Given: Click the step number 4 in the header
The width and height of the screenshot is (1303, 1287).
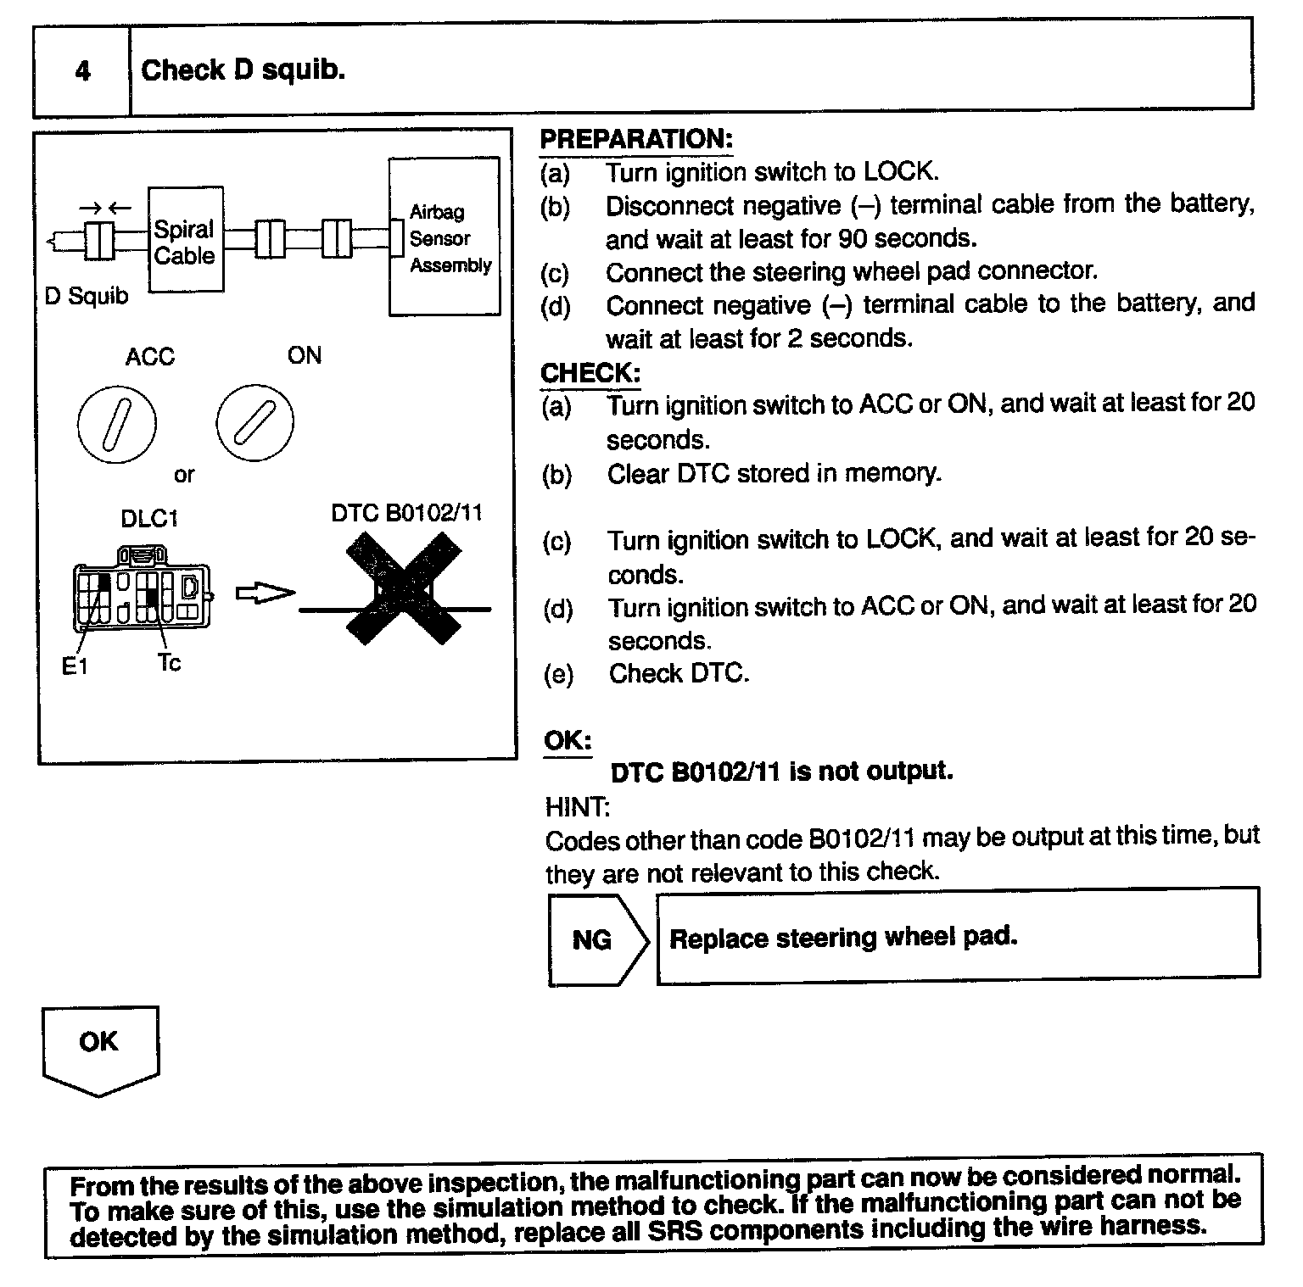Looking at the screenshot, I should click(x=82, y=70).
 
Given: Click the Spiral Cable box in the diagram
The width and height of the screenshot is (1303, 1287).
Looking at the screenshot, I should click(x=186, y=240).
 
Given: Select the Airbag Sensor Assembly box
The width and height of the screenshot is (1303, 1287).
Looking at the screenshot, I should click(x=445, y=237).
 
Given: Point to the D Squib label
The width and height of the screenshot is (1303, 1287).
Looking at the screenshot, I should click(x=87, y=296).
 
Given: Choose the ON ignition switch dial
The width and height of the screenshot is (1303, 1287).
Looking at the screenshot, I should click(x=254, y=421).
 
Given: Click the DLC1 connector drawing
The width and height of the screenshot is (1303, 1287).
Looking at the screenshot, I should click(x=143, y=588).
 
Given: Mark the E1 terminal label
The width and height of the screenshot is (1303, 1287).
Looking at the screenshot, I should click(x=75, y=667).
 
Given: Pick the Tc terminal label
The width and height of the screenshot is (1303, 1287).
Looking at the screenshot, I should click(x=169, y=662).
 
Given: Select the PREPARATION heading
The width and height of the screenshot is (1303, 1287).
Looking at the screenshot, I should click(x=636, y=139).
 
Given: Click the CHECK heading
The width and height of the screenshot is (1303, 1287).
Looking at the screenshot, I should click(x=590, y=373).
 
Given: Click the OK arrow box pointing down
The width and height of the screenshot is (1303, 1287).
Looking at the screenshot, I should click(x=100, y=1048).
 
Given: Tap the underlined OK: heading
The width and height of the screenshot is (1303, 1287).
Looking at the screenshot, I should click(x=568, y=740).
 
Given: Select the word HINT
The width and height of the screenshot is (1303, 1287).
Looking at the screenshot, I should click(x=577, y=806).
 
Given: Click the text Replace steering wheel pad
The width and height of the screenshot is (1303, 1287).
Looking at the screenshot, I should click(x=843, y=938).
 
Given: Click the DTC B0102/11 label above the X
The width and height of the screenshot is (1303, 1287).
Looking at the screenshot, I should click(x=406, y=513).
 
